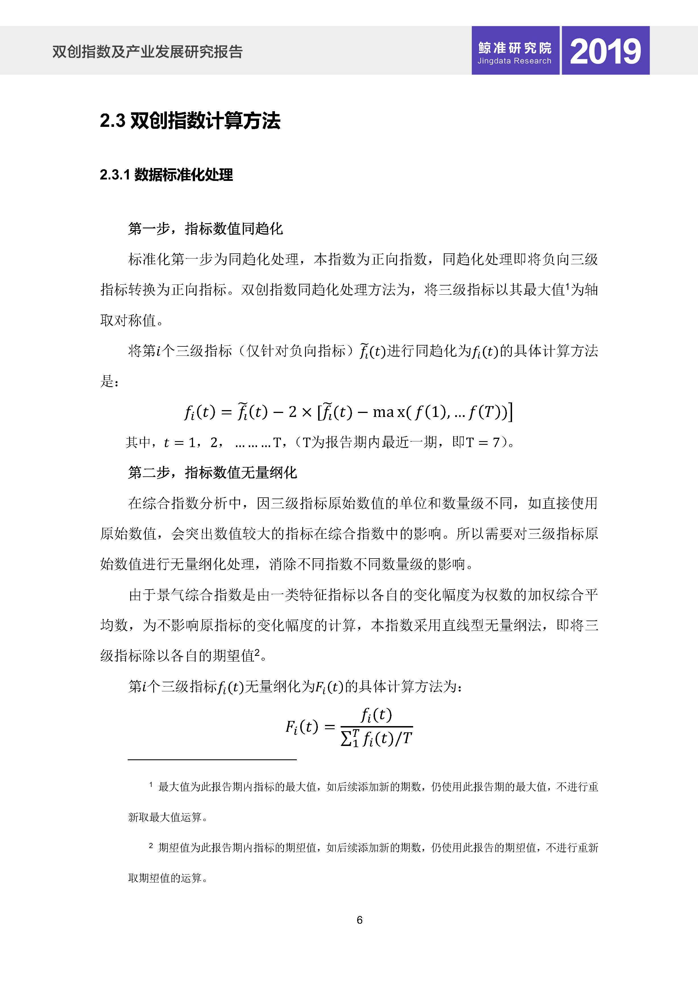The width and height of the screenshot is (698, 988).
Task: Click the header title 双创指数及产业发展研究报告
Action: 148,52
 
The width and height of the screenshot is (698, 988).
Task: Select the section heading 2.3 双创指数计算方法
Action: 190,121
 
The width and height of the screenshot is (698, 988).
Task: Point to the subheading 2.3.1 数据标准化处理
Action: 166,175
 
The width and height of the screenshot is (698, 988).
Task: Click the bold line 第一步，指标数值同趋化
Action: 206,228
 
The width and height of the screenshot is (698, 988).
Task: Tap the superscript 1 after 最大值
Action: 567,286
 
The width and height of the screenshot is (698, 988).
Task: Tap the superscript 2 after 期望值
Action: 257,652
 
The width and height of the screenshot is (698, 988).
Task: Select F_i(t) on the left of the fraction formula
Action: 301,727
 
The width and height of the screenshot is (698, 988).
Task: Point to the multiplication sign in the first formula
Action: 307,412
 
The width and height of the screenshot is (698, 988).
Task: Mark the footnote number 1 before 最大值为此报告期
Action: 151,785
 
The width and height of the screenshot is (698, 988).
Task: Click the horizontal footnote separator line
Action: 212,760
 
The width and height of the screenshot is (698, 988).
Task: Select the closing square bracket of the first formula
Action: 510,412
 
